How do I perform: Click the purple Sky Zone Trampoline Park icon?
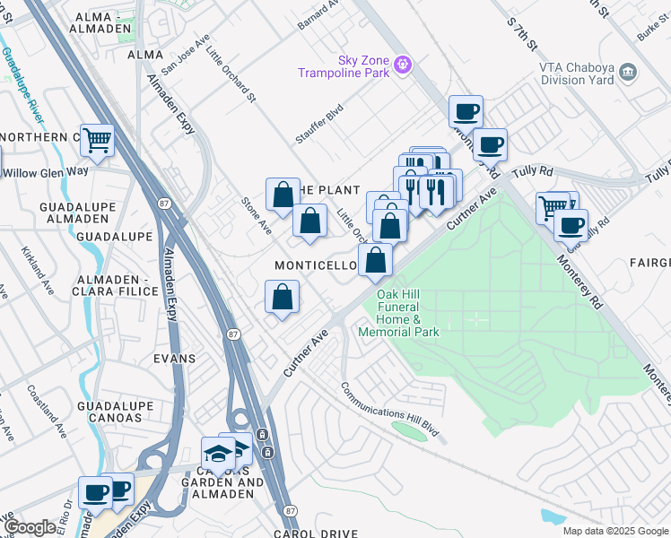[x=403, y=64]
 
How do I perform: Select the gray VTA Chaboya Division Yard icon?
[x=628, y=71]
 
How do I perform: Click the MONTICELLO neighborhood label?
[x=317, y=266]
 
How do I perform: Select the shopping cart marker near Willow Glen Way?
[x=97, y=140]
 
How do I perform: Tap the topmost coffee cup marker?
[x=466, y=112]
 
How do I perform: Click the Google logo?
[x=30, y=527]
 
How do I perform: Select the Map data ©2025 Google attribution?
[x=614, y=531]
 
